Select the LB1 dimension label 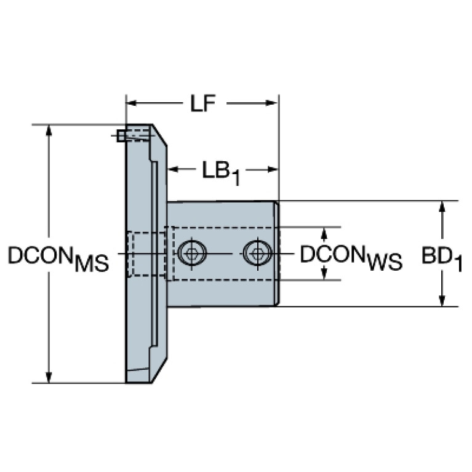coord(220,172)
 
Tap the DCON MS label coord(58,258)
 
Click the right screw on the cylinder coord(257,252)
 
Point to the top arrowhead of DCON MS coord(49,130)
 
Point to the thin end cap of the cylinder coord(277,253)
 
